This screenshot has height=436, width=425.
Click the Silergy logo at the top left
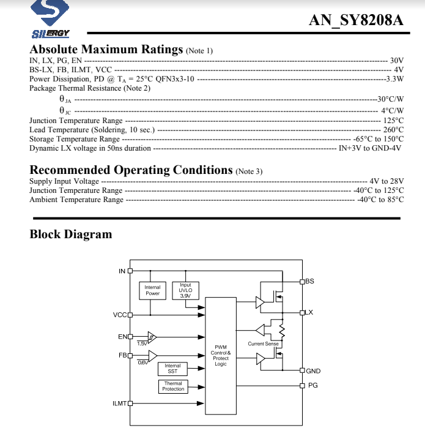pyautogui.click(x=51, y=18)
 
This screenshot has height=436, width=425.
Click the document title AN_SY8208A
pyautogui.click(x=357, y=20)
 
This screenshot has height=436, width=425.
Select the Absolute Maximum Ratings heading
pyautogui.click(x=106, y=50)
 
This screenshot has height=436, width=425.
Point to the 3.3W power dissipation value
pyautogui.click(x=394, y=79)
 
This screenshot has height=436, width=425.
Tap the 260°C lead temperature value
pyautogui.click(x=393, y=130)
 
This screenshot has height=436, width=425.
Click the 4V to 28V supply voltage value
pyautogui.click(x=386, y=181)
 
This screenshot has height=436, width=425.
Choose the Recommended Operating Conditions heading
pyautogui.click(x=131, y=170)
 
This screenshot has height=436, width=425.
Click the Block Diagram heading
pyautogui.click(x=71, y=234)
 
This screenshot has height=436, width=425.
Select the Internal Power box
pyautogui.click(x=152, y=290)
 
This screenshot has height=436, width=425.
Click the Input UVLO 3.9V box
pyautogui.click(x=185, y=290)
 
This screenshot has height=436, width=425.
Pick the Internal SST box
pyautogui.click(x=172, y=369)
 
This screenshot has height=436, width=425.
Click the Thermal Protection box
pyautogui.click(x=173, y=386)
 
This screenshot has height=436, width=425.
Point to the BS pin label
pyautogui.click(x=309, y=281)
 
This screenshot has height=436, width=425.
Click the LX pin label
pyautogui.click(x=309, y=312)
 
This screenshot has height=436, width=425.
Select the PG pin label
pyautogui.click(x=312, y=385)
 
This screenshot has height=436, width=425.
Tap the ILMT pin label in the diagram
pyautogui.click(x=119, y=404)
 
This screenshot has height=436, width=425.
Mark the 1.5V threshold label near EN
pyautogui.click(x=142, y=344)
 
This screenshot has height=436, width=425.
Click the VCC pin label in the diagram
pyautogui.click(x=120, y=315)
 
